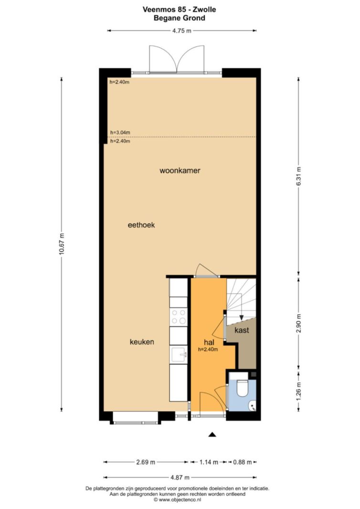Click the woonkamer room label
click(180, 170)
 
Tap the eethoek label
click(141, 225)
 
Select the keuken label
click(142, 342)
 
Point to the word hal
click(209, 342)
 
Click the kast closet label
click(242, 330)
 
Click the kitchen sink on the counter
click(179, 354)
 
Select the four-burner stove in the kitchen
click(179, 317)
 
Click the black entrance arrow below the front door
click(212, 435)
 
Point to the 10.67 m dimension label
click(62, 244)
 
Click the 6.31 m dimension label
click(299, 177)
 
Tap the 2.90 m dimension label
click(299, 323)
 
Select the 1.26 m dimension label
click(299, 391)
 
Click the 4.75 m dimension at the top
click(181, 31)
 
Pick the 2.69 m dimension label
click(146, 462)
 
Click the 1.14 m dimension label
click(209, 462)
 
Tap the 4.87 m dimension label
click(180, 478)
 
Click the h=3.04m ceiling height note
click(120, 133)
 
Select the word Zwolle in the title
click(204, 10)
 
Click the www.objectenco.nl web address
click(180, 499)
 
